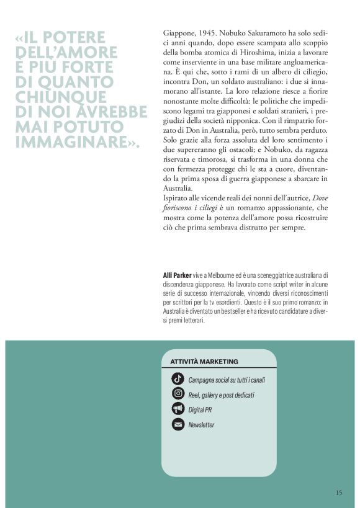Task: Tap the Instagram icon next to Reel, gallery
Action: [x=178, y=394]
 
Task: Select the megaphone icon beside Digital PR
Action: [x=178, y=409]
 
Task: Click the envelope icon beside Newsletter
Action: [x=178, y=425]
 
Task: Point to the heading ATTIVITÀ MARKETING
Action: [x=204, y=361]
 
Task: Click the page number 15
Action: [x=338, y=492]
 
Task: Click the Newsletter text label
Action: [x=201, y=425]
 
